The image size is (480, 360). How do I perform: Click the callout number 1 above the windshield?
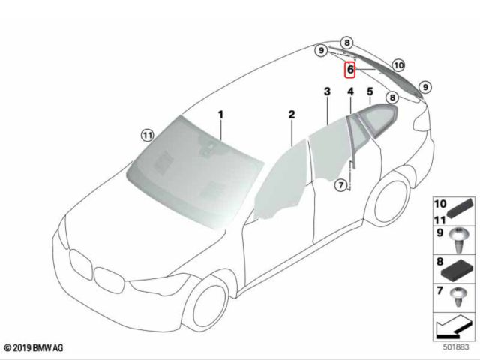221,115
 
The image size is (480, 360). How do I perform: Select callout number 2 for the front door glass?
292,115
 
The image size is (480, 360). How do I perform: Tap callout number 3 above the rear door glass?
327,91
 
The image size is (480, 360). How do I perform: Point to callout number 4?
350,91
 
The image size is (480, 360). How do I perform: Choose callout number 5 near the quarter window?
370,91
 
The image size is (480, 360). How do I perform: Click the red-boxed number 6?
350,70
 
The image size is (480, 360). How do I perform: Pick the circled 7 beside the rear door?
341,185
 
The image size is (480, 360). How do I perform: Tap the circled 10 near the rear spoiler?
398,65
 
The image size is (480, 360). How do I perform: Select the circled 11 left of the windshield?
148,135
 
